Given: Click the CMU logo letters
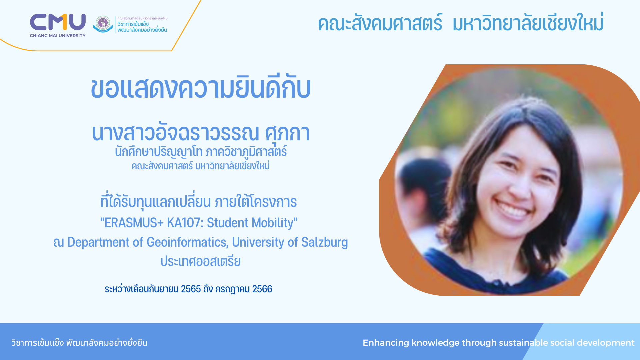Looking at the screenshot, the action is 58,22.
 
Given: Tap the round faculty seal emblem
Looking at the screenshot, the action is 103,24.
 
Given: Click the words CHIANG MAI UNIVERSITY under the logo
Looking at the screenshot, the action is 58,36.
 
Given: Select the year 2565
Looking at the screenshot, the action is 191,289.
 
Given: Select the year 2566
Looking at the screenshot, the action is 262,289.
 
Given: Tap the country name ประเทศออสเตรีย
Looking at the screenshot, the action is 201,261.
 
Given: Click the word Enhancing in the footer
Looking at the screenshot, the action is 386,343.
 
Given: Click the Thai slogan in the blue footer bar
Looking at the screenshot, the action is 79,343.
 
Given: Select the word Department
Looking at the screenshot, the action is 99,243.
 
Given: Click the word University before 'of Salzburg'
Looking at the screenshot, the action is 258,243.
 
